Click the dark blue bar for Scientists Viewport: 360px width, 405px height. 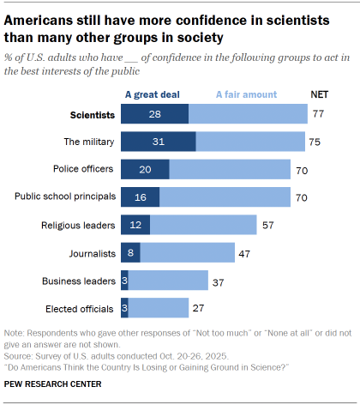click(154, 114)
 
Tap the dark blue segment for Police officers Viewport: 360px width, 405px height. click(145, 169)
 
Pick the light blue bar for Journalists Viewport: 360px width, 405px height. click(188, 252)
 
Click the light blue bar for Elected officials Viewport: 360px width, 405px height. click(159, 307)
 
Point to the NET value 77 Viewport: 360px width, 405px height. click(319, 114)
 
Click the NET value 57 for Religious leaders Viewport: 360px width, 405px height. click(267, 225)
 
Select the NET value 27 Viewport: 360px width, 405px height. click(199, 307)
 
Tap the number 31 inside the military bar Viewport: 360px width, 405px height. click(158, 142)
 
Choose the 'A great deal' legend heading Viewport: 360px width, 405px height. click(154, 94)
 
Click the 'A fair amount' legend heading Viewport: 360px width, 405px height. click(247, 94)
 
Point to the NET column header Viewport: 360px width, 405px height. click(318, 94)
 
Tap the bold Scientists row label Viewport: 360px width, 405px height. click(92, 114)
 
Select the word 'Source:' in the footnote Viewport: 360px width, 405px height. click(21, 353)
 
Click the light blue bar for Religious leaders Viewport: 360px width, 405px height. click(203, 225)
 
